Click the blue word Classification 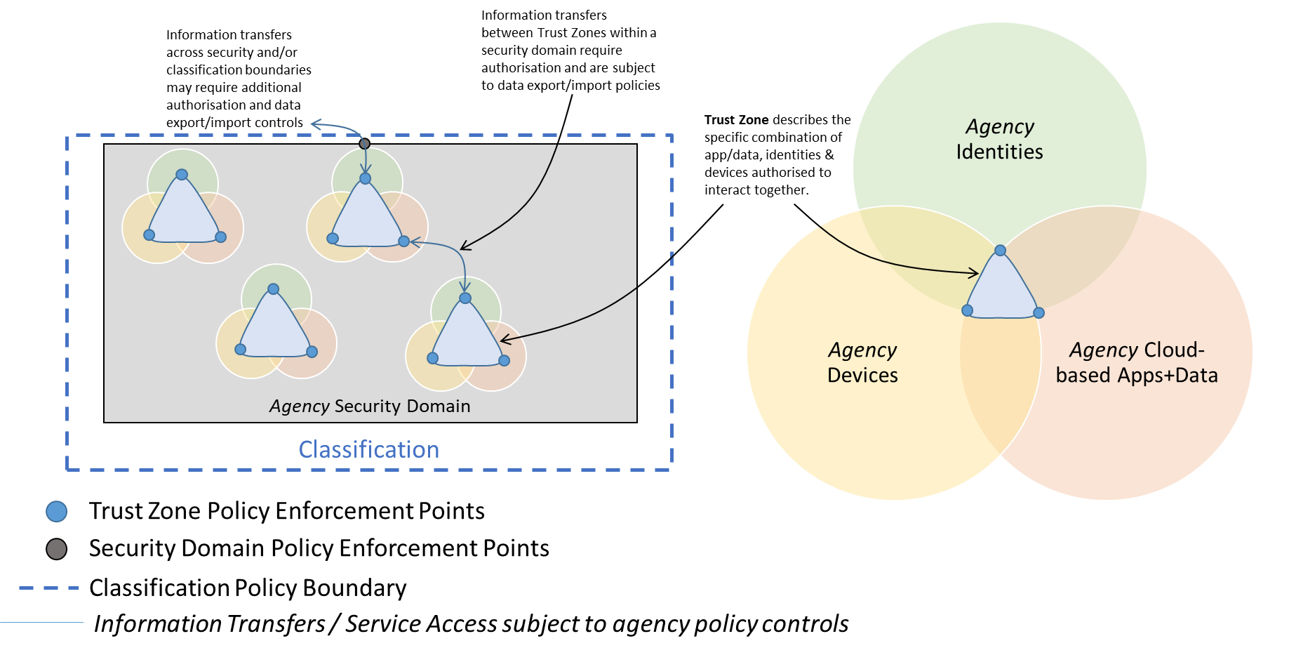click(369, 449)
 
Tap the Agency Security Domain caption click(370, 406)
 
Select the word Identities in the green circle click(999, 152)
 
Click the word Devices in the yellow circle click(862, 375)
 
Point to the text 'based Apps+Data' click(1137, 375)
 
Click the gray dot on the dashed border click(364, 144)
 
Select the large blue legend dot click(57, 512)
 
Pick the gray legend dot click(57, 549)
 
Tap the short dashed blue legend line click(49, 588)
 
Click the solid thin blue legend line click(42, 622)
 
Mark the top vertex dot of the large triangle click(1001, 251)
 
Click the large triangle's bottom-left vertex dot click(968, 310)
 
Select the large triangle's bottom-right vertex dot click(1039, 312)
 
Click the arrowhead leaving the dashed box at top click(316, 125)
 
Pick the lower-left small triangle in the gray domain click(275, 329)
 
